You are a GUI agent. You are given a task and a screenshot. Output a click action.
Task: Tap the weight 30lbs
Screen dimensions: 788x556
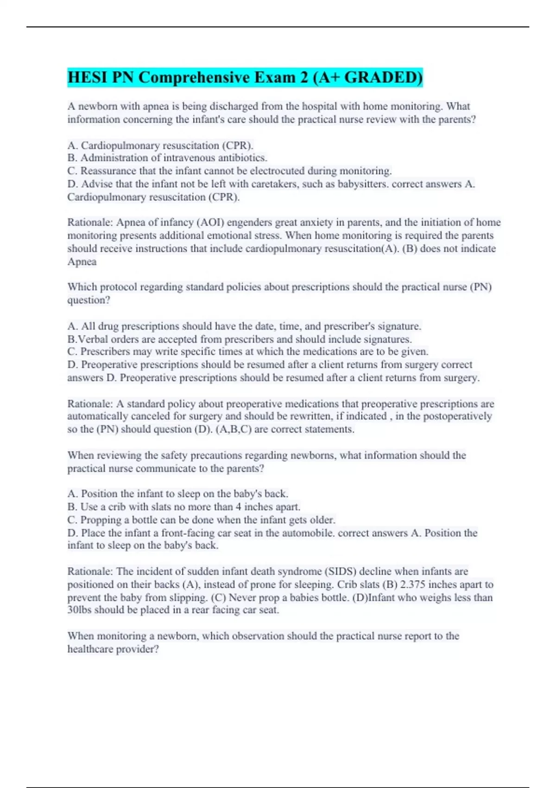coord(79,610)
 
